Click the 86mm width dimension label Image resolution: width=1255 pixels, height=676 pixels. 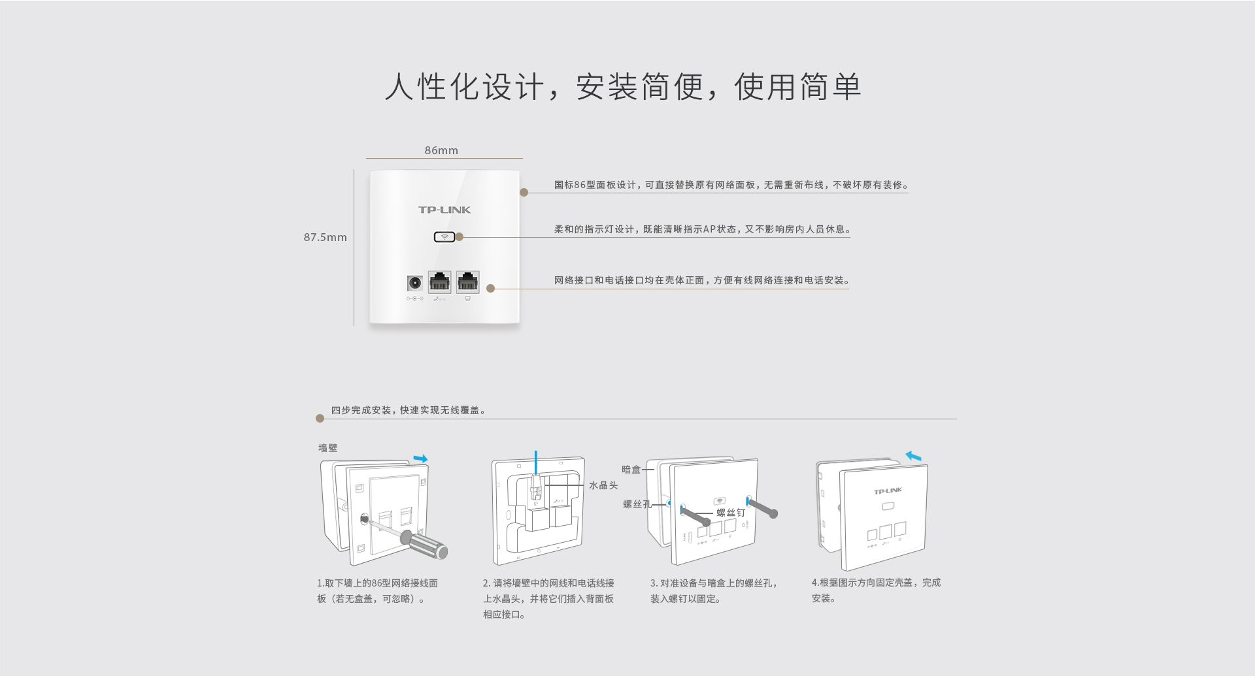click(441, 150)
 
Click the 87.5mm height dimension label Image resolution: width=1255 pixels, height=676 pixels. click(325, 237)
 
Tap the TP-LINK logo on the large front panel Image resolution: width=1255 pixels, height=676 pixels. click(444, 210)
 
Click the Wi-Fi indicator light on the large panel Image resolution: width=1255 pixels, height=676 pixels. click(444, 236)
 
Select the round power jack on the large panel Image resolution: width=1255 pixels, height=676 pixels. click(414, 283)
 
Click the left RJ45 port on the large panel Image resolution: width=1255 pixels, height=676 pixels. click(439, 282)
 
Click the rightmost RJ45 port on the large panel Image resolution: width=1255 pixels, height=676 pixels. click(467, 282)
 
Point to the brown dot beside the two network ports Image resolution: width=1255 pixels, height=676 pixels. click(490, 288)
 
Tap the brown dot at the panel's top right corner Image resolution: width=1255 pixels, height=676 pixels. click(524, 192)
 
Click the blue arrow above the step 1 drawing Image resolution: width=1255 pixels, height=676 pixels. click(420, 459)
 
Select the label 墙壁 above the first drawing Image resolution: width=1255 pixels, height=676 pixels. click(328, 447)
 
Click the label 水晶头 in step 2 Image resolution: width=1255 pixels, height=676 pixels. click(603, 485)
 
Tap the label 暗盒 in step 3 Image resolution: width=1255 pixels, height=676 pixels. click(631, 469)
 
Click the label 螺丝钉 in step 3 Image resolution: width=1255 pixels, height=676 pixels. click(731, 513)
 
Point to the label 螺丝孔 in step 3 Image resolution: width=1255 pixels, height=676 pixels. click(637, 504)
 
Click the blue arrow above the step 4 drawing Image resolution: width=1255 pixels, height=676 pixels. click(913, 456)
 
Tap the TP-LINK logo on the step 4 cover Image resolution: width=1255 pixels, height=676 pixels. click(888, 491)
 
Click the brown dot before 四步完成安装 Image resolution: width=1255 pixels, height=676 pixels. click(320, 418)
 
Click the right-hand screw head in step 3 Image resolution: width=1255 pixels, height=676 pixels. click(773, 513)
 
